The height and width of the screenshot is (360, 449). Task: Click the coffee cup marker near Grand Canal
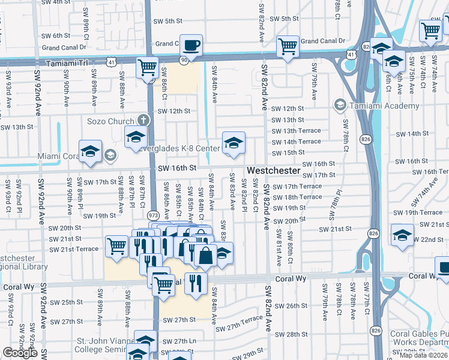click(191, 46)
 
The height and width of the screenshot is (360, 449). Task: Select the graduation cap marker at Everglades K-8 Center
click(234, 143)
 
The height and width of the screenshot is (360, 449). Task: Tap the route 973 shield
click(154, 215)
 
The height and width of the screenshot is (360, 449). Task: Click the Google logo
click(20, 353)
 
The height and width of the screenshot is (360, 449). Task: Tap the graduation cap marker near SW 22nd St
click(402, 235)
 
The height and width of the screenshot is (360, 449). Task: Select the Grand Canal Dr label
click(324, 41)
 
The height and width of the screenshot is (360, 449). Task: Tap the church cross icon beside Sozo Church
click(142, 119)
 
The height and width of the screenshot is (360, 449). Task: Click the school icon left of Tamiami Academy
click(340, 106)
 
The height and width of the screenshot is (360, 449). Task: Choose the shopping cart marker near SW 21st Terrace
click(116, 245)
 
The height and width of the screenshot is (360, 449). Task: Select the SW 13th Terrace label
click(296, 131)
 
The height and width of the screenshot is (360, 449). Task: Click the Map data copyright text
click(424, 355)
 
